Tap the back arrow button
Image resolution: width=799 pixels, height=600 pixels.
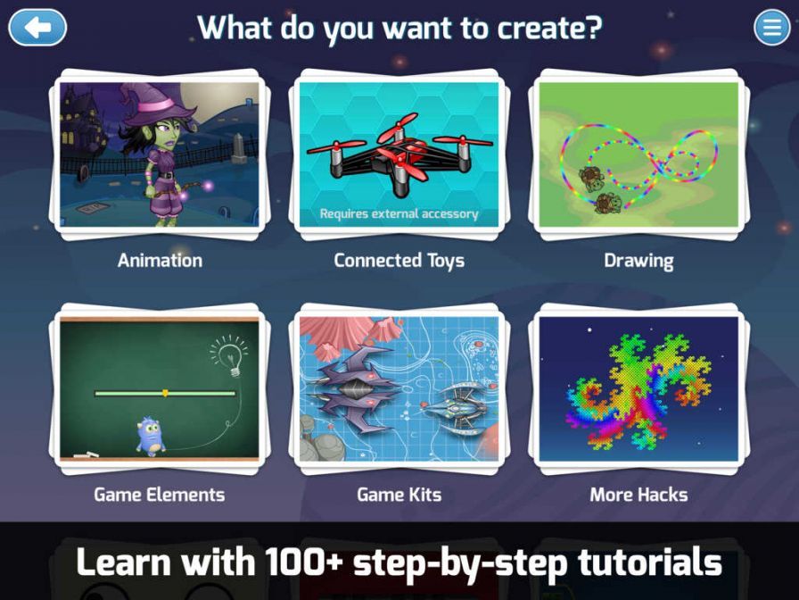click(x=37, y=28)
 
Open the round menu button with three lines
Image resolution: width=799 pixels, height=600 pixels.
click(x=771, y=28)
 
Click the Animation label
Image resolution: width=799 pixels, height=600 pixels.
click(x=160, y=261)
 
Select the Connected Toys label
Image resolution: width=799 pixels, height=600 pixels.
click(x=399, y=261)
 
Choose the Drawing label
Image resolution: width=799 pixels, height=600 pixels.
click(x=638, y=261)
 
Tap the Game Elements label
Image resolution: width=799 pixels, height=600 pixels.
click(x=160, y=495)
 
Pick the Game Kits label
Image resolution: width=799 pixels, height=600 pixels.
click(x=399, y=495)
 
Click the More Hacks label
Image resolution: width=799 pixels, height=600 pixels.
click(x=638, y=495)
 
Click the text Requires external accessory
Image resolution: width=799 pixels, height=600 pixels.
click(x=399, y=214)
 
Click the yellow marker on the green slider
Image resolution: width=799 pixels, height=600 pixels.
click(x=165, y=393)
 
